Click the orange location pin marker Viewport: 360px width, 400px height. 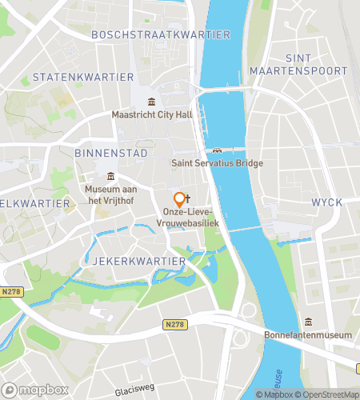(179, 200)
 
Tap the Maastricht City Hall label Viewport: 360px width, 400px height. (151, 114)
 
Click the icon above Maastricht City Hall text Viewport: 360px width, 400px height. (151, 101)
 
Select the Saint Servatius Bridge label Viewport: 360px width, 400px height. (217, 163)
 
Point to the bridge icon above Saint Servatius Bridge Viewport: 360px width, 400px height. (217, 150)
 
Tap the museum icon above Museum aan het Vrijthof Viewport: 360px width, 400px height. (110, 177)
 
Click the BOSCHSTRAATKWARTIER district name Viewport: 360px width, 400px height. (160, 34)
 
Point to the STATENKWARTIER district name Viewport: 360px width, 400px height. (82, 77)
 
